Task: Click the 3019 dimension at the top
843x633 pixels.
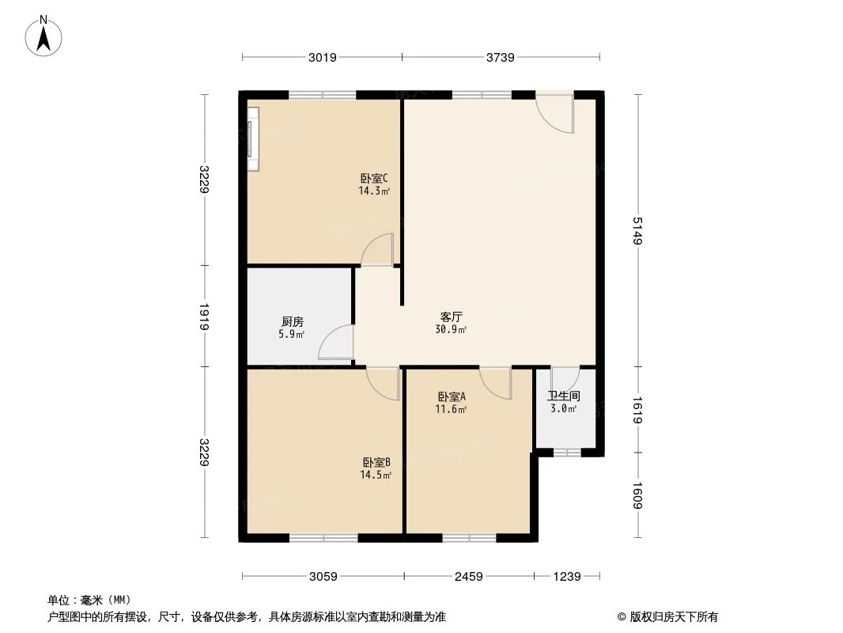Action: pyautogui.click(x=323, y=57)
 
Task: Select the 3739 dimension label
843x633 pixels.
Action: pyautogui.click(x=501, y=57)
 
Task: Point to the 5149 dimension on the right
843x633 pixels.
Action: pyautogui.click(x=637, y=230)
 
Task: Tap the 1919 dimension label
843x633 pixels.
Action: pyautogui.click(x=204, y=316)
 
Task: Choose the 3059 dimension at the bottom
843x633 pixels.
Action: pyautogui.click(x=323, y=577)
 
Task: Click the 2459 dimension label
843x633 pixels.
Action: pyautogui.click(x=469, y=577)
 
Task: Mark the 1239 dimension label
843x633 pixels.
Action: pyautogui.click(x=567, y=577)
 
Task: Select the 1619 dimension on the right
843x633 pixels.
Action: pyautogui.click(x=637, y=410)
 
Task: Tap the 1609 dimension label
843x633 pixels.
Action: pyautogui.click(x=637, y=496)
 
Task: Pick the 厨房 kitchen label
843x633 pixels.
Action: pyautogui.click(x=292, y=322)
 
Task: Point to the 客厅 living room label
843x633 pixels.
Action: pyautogui.click(x=451, y=316)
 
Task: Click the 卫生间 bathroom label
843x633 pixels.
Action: pyautogui.click(x=564, y=396)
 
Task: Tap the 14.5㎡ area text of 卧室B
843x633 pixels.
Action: pyautogui.click(x=376, y=475)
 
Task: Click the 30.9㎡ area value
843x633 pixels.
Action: pyautogui.click(x=451, y=329)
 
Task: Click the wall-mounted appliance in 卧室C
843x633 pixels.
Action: pyautogui.click(x=253, y=138)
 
